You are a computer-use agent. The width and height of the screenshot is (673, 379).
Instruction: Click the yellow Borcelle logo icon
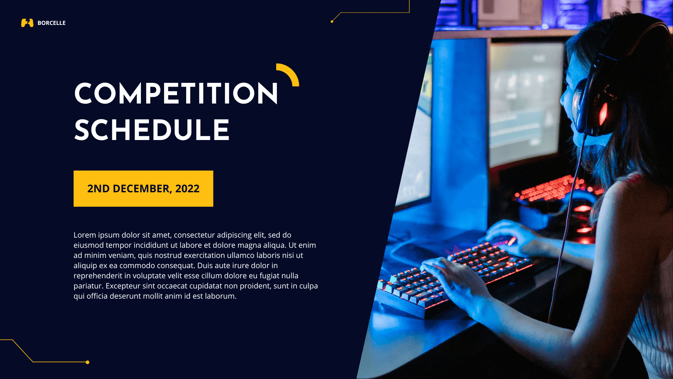pyautogui.click(x=27, y=23)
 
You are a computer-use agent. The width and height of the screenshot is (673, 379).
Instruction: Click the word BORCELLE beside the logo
pyautogui.click(x=52, y=23)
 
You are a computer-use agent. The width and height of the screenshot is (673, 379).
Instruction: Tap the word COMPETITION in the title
pyautogui.click(x=176, y=94)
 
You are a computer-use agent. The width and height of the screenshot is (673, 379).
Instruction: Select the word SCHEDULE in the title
pyautogui.click(x=152, y=131)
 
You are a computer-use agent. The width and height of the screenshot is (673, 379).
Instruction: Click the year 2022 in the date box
pyautogui.click(x=187, y=189)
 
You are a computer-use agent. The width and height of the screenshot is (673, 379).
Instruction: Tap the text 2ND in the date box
pyautogui.click(x=98, y=189)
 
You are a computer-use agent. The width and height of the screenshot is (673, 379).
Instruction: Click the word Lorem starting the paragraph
pyautogui.click(x=84, y=235)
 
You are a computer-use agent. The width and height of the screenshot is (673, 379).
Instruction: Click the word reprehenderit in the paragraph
pyautogui.click(x=98, y=276)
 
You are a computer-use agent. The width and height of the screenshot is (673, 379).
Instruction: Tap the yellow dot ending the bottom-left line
pyautogui.click(x=88, y=362)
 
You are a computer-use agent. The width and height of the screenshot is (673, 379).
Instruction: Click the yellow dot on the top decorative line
pyautogui.click(x=332, y=22)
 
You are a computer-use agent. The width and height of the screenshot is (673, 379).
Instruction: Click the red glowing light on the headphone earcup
pyautogui.click(x=603, y=114)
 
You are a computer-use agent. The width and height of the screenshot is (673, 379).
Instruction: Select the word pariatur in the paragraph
pyautogui.click(x=88, y=286)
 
